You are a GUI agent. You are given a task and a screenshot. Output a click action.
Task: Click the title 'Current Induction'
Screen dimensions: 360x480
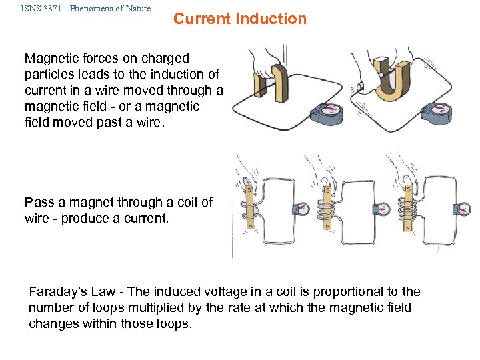point(240,19)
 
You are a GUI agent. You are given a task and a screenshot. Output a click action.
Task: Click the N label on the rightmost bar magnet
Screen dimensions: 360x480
point(406,227)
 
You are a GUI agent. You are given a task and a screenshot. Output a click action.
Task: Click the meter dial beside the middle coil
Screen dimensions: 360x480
point(382,209)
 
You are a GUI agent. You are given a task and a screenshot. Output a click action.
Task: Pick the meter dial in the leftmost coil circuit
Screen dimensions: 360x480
point(301,209)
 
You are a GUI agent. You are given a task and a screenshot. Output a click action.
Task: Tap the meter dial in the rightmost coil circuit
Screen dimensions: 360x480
point(463,209)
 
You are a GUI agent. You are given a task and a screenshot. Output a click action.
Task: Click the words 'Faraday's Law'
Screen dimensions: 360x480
point(71,292)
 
